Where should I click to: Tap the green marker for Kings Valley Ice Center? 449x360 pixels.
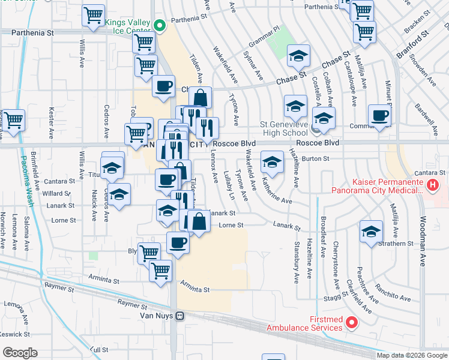[160, 25]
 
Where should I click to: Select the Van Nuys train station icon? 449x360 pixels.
[179, 316]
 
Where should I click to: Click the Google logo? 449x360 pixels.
[19, 353]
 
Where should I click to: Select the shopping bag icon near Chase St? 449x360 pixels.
[200, 97]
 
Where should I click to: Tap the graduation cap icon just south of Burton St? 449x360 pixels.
[272, 162]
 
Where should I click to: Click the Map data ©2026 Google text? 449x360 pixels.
[412, 355]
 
